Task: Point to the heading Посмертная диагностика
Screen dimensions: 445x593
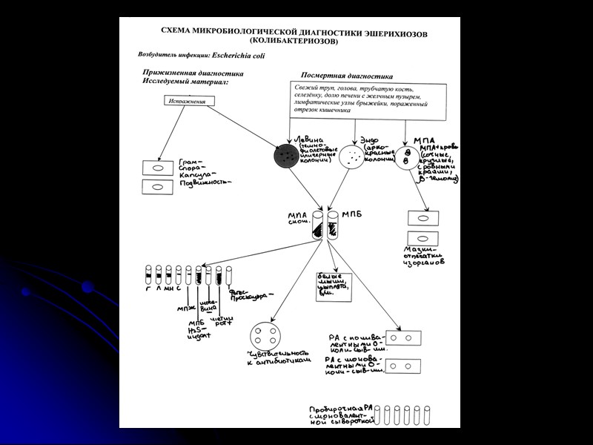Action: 347,76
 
